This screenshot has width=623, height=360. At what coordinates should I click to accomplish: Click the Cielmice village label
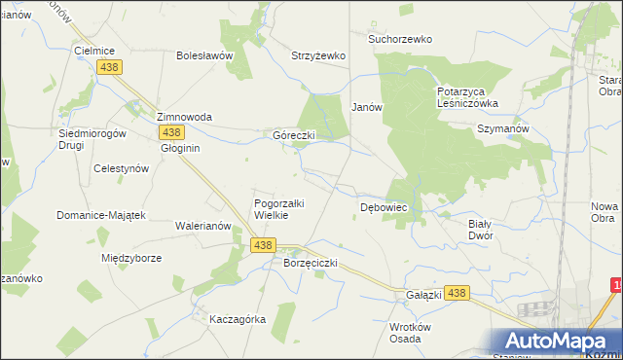[x=95, y=50]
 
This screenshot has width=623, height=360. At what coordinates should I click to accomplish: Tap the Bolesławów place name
[x=204, y=55]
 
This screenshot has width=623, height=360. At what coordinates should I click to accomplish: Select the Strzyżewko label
[x=318, y=55]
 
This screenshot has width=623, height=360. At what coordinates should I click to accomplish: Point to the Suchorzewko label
[x=399, y=40]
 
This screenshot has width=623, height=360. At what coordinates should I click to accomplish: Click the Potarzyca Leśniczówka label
[x=467, y=96]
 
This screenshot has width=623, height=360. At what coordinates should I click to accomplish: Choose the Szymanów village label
[x=502, y=128]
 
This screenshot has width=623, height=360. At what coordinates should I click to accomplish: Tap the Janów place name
[x=367, y=107]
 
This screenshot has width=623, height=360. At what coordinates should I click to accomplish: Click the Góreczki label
[x=293, y=135]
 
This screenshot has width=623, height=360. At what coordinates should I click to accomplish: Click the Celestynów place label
[x=120, y=167]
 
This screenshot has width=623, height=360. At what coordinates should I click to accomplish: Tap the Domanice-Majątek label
[x=100, y=215]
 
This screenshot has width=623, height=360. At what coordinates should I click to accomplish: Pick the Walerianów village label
[x=202, y=225]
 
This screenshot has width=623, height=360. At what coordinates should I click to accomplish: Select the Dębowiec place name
[x=384, y=208]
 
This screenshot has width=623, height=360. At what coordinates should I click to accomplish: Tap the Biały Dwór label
[x=480, y=229]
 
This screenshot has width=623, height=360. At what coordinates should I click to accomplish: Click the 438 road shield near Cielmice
[x=108, y=65]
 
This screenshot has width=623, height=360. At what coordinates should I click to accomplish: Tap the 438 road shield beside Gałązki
[x=459, y=292]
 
